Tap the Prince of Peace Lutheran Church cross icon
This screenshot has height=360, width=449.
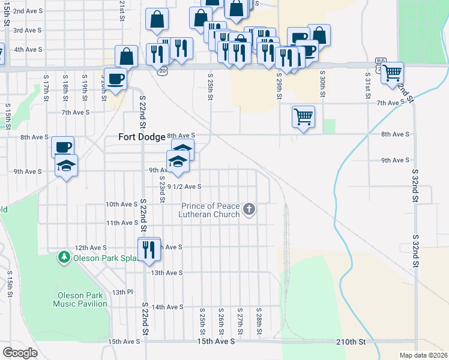[250, 210]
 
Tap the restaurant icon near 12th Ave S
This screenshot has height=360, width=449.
[148, 248]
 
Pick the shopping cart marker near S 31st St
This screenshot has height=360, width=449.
[392, 73]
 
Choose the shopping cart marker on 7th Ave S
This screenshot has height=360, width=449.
[303, 116]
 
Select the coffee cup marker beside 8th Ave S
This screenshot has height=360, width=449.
[62, 146]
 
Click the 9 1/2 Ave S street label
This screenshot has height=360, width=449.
[184, 187]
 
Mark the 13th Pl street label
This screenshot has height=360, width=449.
[121, 292]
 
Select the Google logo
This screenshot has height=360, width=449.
[20, 352]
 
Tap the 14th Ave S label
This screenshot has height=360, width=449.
[167, 307]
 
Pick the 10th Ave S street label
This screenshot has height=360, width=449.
[122, 204]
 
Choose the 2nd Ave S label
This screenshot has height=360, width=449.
[27, 11]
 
